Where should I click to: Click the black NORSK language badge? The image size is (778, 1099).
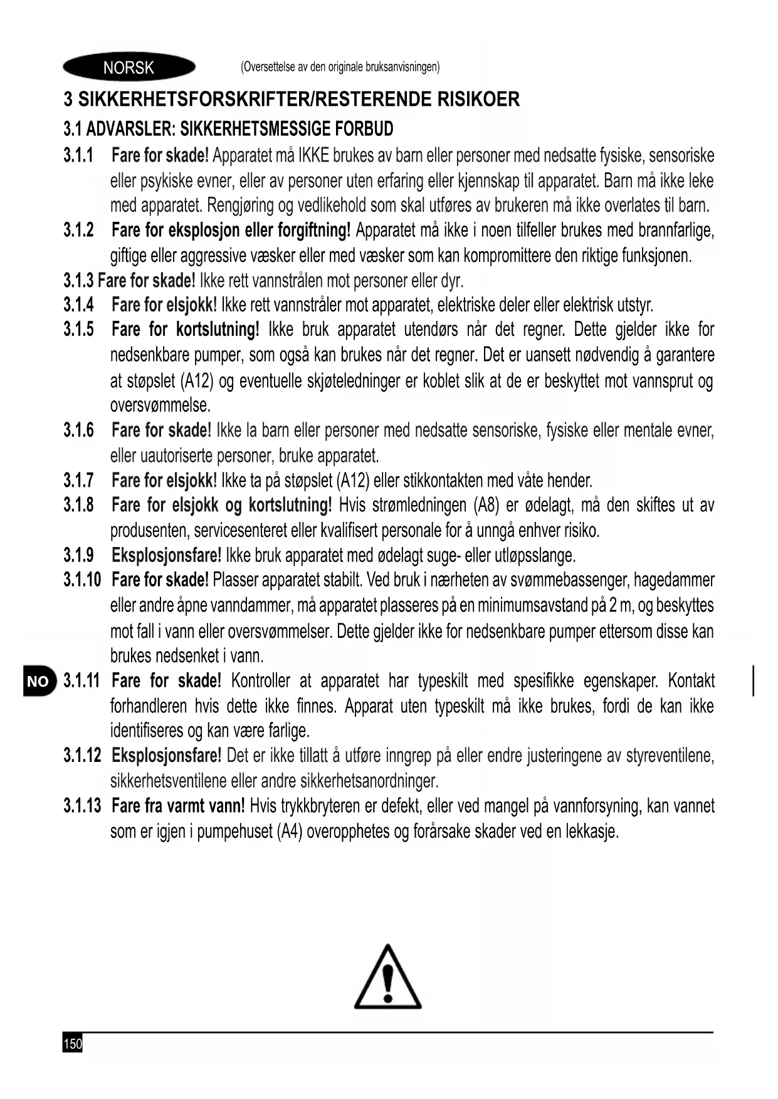tap(129, 67)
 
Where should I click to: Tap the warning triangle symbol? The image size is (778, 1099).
tap(387, 977)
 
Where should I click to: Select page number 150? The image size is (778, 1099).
tap(73, 1044)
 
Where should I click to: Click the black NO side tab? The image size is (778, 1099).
tap(38, 682)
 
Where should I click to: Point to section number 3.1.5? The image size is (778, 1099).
tap(78, 330)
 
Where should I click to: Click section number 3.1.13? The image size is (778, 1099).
tap(81, 806)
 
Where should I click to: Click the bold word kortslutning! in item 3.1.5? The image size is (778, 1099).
tap(218, 330)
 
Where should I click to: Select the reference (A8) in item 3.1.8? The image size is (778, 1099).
tap(488, 506)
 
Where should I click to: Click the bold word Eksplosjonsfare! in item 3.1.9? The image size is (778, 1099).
tap(166, 555)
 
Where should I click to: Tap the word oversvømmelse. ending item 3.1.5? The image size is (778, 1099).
tap(160, 405)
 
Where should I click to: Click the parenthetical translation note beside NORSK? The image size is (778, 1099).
tap(340, 67)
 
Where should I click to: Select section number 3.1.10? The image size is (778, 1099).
tap(81, 580)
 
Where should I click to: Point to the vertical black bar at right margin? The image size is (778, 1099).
tap(753, 681)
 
